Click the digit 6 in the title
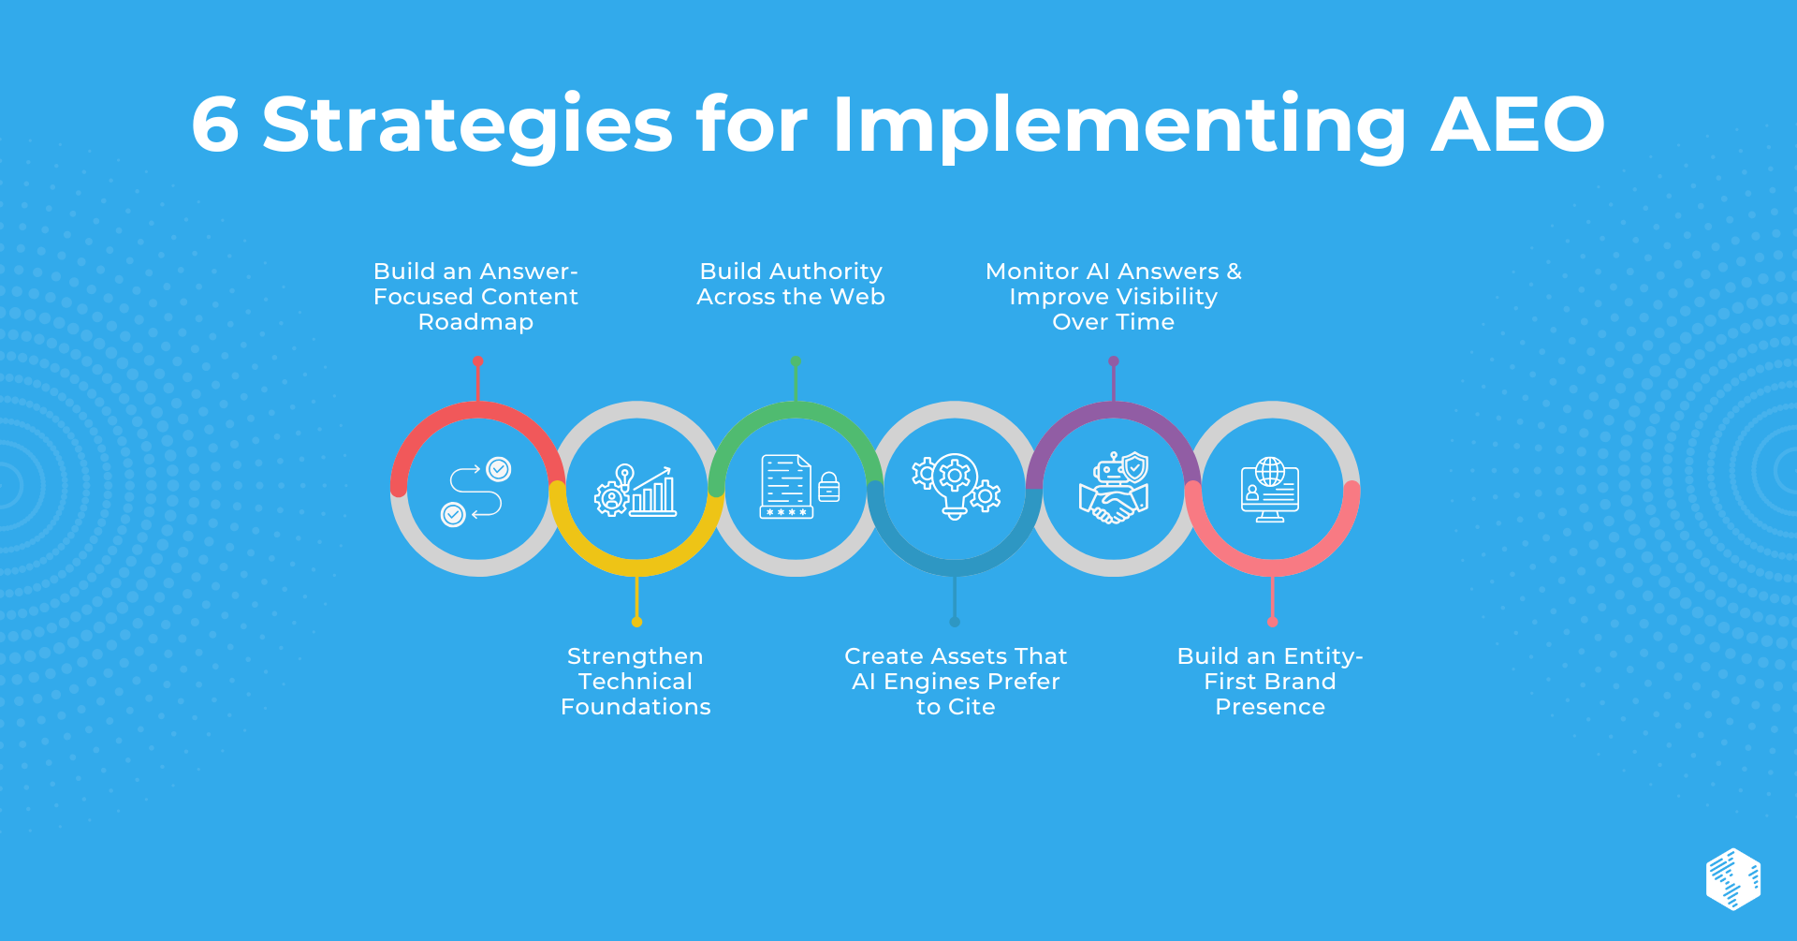(x=215, y=125)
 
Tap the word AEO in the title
(x=1518, y=125)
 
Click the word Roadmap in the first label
(x=475, y=322)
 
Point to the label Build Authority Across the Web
(x=791, y=284)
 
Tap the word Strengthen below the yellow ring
(x=635, y=656)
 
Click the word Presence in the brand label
(x=1270, y=707)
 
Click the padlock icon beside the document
(x=829, y=487)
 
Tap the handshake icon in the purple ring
(x=1114, y=488)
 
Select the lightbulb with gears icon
(x=956, y=486)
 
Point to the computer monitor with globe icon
(x=1270, y=489)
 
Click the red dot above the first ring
(x=478, y=361)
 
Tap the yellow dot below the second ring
(x=636, y=622)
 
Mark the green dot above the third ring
(x=796, y=361)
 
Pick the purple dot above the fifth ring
(x=1114, y=361)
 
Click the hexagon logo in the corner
(x=1733, y=879)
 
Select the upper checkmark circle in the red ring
(x=499, y=469)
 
